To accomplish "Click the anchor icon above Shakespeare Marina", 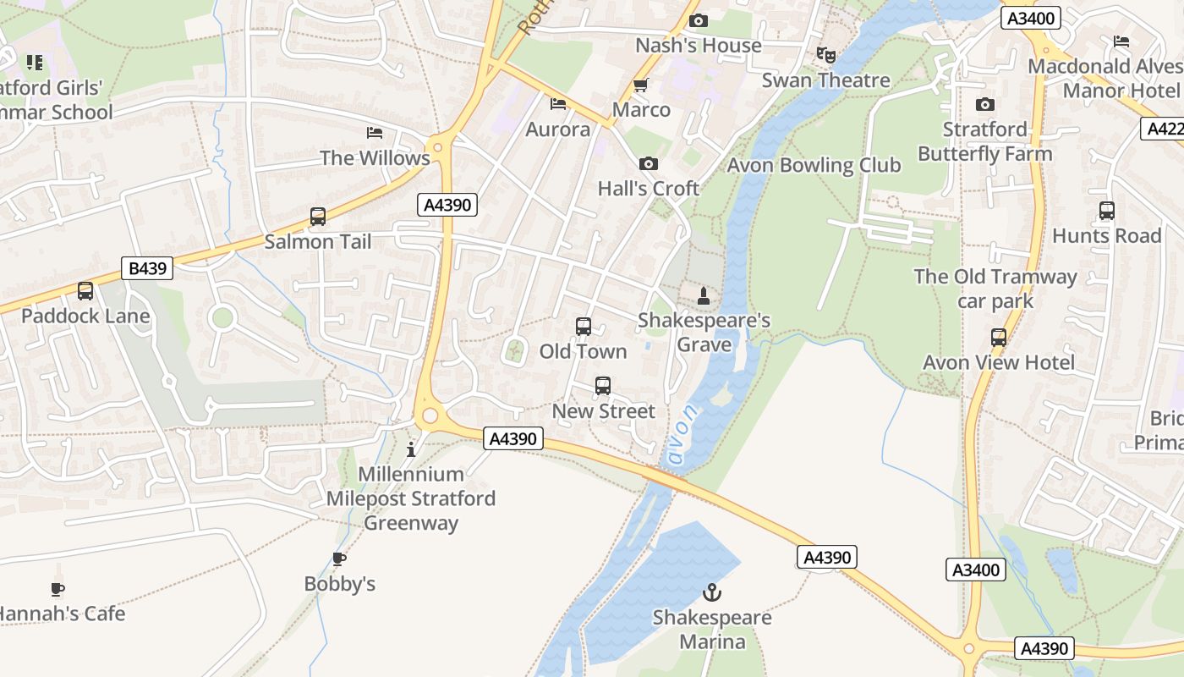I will [712, 592].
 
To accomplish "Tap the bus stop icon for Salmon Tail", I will [318, 217].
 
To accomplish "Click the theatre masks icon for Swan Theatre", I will [826, 55].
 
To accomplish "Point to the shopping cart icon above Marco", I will [641, 85].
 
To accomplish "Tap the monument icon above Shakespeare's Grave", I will [703, 296].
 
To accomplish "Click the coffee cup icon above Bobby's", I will [339, 559].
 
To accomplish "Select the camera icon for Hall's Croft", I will [649, 163].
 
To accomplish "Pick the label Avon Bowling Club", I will [814, 165].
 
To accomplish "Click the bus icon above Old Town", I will [583, 327].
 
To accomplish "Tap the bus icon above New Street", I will [603, 386].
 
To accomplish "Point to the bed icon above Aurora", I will [558, 104].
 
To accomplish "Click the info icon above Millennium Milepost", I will [412, 449].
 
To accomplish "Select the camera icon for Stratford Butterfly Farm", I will [985, 104].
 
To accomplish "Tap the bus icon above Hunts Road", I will [1106, 211].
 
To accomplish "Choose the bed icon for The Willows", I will [375, 133].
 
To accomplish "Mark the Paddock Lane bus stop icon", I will [85, 291].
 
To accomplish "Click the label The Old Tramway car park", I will [995, 289].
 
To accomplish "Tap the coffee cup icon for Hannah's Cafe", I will [58, 589].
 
